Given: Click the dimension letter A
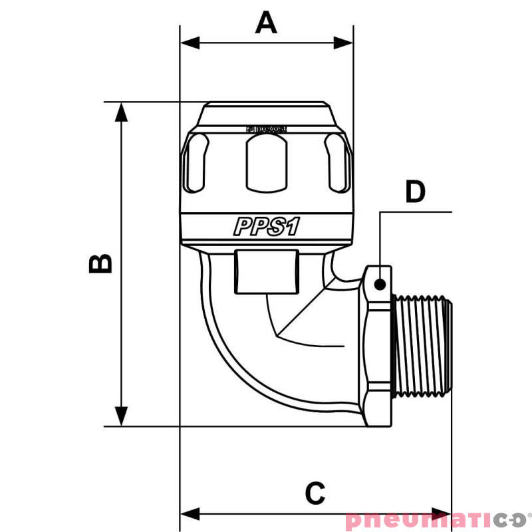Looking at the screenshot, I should coord(266,24).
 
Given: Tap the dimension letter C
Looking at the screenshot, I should coord(315,493).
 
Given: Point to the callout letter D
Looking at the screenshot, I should coord(415,192).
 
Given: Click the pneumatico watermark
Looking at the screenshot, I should coord(436,520).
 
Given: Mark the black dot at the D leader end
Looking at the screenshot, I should coord(380,284).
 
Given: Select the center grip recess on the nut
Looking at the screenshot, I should coord(266,162).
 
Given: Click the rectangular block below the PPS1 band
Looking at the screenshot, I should coord(266,271).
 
